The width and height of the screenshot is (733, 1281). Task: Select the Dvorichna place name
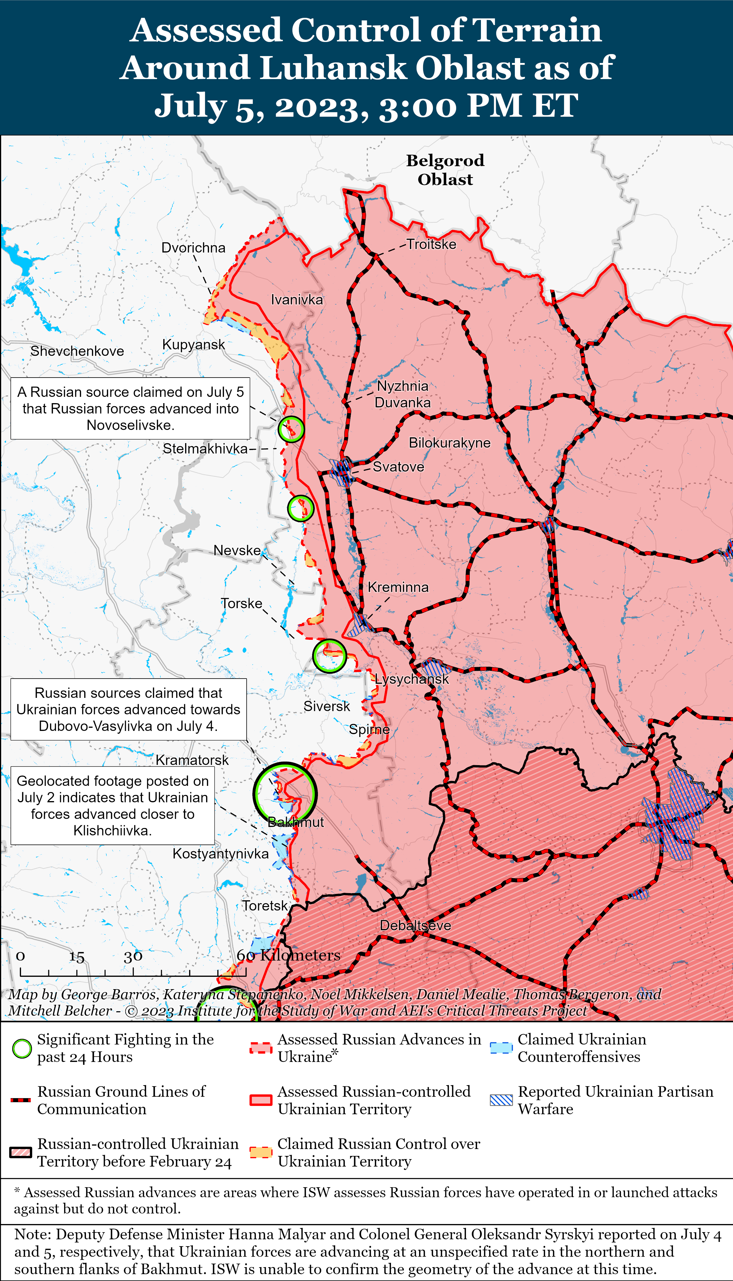(193, 248)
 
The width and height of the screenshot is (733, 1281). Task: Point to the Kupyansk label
(193, 345)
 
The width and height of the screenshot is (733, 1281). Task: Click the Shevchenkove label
(77, 351)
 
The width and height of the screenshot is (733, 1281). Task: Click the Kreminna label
(398, 587)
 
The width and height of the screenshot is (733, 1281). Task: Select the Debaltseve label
(415, 926)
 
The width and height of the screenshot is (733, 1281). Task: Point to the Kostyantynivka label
(220, 854)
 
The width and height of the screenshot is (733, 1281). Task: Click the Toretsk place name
(265, 906)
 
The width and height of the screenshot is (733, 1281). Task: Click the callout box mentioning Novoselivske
(131, 408)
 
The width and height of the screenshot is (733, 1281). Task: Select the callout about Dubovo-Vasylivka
(128, 709)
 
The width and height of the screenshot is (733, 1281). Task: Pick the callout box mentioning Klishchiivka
(112, 806)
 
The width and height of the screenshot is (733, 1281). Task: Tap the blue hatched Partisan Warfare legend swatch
(501, 1100)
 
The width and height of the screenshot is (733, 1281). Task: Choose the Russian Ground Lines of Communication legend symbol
(21, 1100)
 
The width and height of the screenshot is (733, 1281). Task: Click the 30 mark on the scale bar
(133, 957)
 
